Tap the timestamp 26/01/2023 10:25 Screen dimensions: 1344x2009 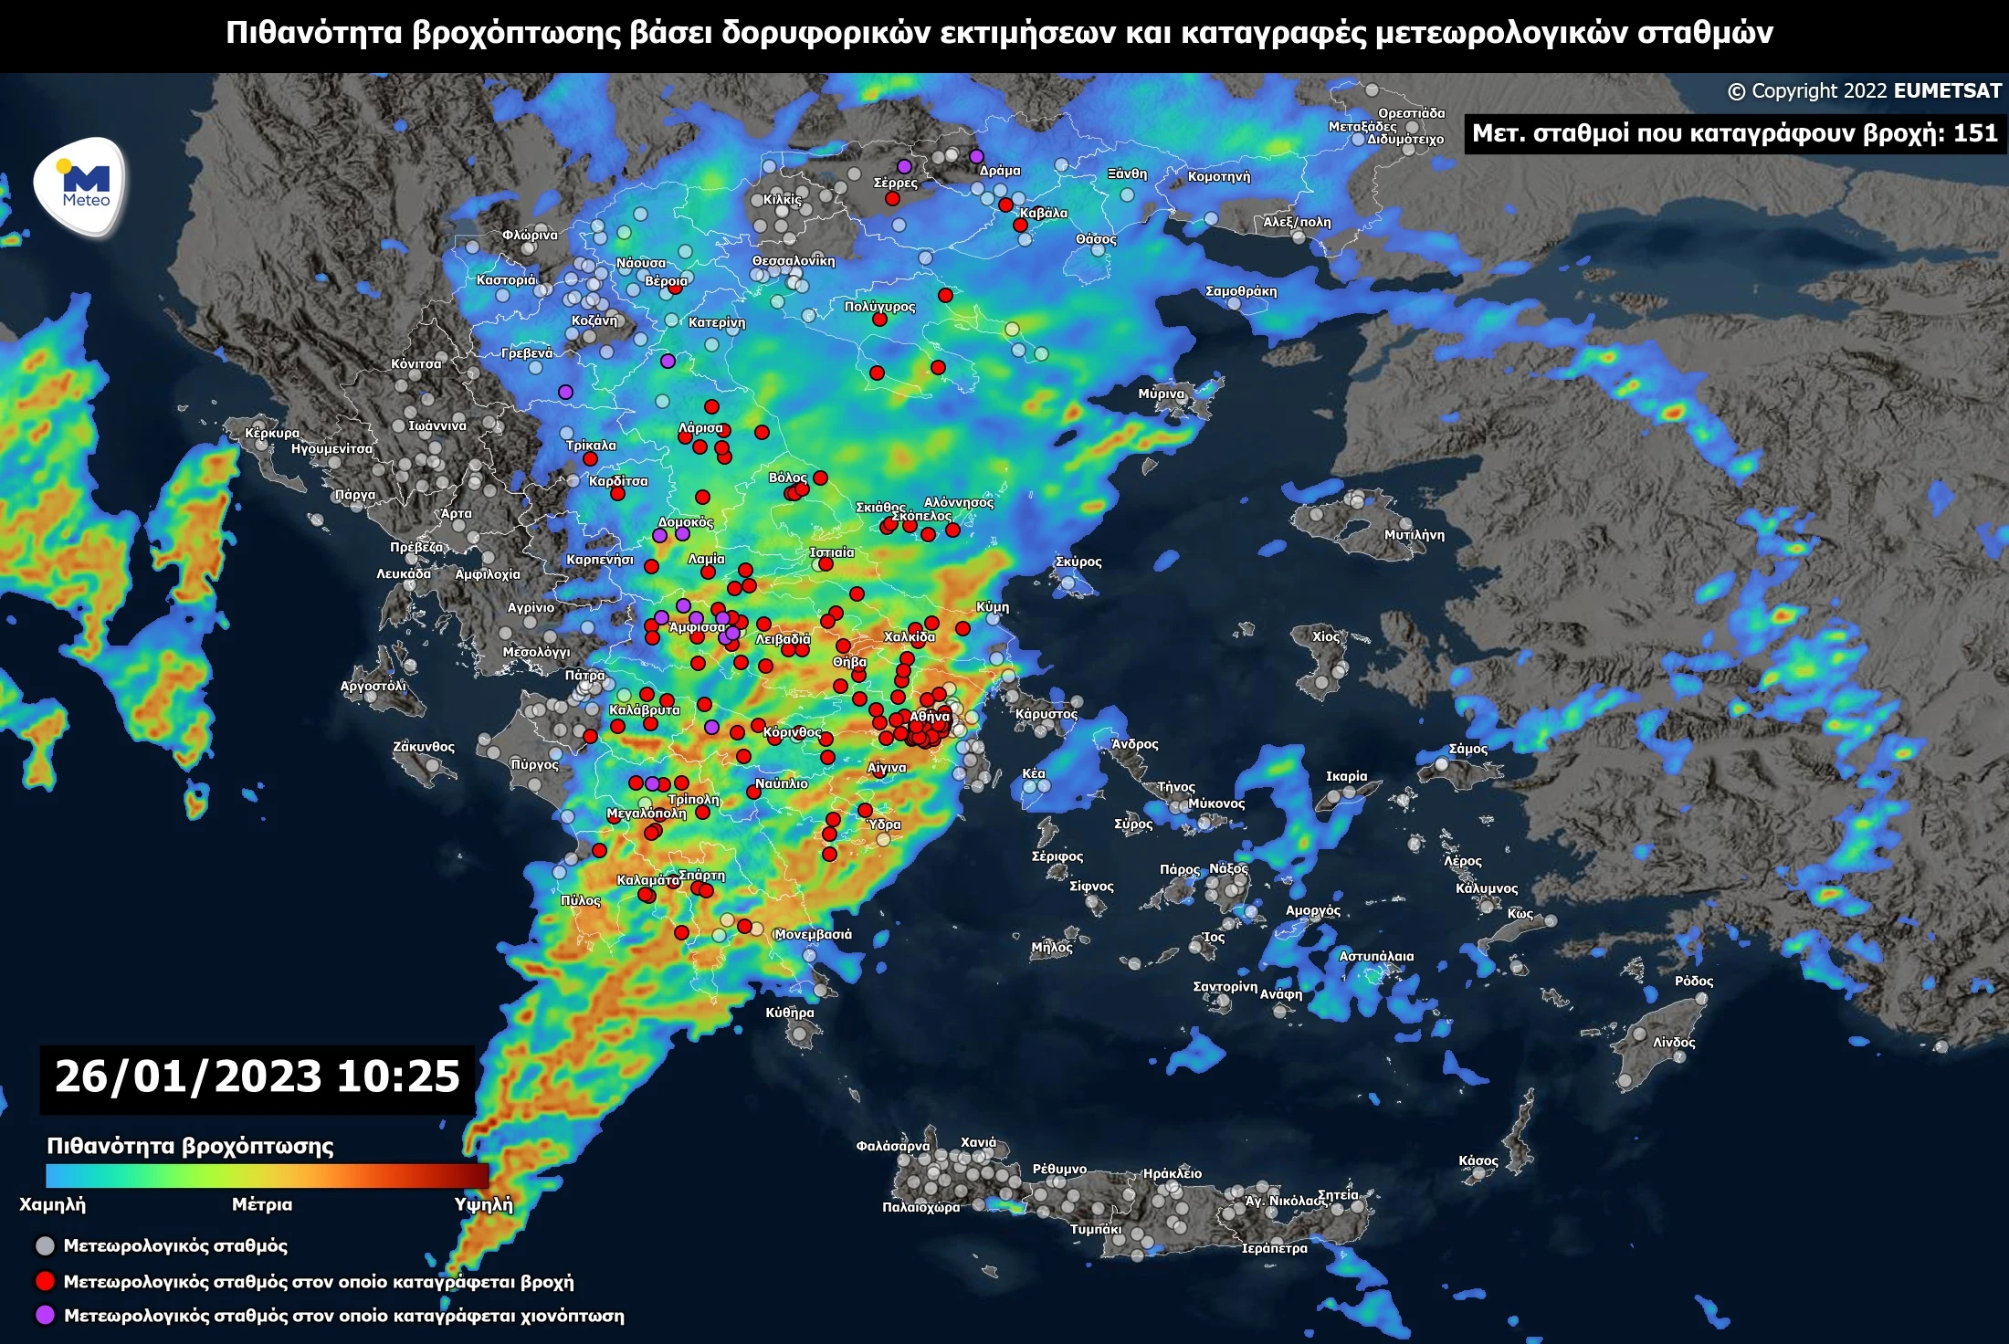coord(257,1076)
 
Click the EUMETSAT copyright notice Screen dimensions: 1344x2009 coord(1864,91)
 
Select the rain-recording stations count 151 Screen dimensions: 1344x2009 coord(1975,133)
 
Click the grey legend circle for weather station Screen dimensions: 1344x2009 coord(45,1246)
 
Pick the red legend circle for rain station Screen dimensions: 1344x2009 coord(45,1281)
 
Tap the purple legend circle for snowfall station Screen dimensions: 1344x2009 coord(45,1316)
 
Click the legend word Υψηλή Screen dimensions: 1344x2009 coord(483,1204)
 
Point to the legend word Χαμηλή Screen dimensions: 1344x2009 coord(53,1204)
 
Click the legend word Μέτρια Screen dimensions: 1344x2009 coord(262,1204)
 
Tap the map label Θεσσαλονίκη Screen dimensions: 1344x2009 coord(793,261)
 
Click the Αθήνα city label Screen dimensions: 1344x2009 coord(930,717)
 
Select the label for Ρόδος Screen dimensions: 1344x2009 coord(1693,981)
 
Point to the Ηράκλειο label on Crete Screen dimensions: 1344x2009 coord(1172,1173)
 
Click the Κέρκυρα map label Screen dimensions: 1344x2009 coord(272,433)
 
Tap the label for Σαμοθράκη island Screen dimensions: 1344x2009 coord(1241,291)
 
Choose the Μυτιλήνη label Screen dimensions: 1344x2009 coord(1414,535)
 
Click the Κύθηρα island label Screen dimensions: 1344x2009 coord(790,1013)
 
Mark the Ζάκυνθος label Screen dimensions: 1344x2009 coord(424,747)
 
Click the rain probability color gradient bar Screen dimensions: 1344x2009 coord(267,1175)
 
